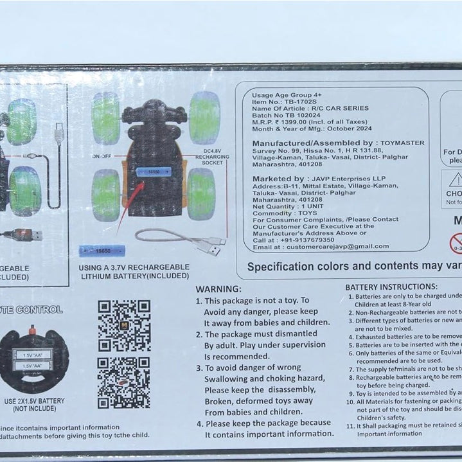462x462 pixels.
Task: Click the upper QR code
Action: point(124,325)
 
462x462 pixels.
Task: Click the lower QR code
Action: point(124,383)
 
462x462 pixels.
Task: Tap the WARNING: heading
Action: point(218,289)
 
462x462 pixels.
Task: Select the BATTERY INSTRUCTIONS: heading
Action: point(391,287)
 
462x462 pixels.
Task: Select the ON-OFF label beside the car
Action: point(101,156)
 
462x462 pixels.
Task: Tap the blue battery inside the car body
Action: point(154,172)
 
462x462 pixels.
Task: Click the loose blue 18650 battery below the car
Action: point(101,251)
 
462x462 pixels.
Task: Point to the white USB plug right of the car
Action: point(209,245)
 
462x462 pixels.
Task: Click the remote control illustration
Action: point(33,360)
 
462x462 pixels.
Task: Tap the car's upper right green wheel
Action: point(204,118)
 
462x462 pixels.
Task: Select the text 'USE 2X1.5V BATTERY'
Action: point(35,401)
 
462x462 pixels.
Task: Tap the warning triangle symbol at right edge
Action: point(456,179)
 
